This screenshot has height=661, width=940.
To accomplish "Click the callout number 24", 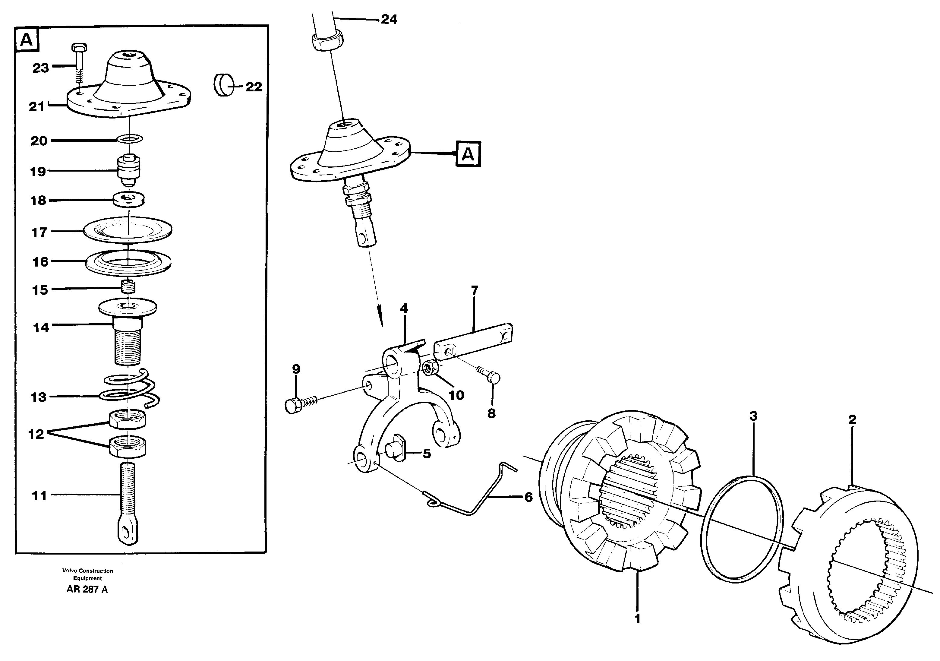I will click(x=389, y=19).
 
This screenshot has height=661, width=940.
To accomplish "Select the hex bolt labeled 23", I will click(x=78, y=62).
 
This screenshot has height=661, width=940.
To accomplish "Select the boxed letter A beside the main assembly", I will click(x=468, y=154).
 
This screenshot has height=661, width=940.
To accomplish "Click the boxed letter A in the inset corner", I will click(x=27, y=40).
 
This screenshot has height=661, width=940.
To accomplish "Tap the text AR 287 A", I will click(x=87, y=590).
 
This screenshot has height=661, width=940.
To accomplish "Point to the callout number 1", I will click(x=637, y=618).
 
